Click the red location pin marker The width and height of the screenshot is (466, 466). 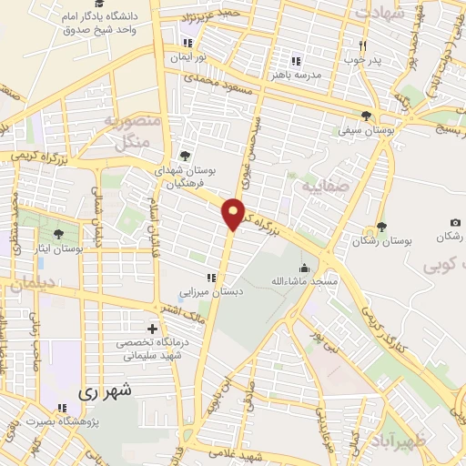click(234, 213)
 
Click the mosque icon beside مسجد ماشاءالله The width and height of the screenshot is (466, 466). click(305, 268)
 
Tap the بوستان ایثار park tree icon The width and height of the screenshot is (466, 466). click(59, 234)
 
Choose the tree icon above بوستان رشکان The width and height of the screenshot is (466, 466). click(381, 228)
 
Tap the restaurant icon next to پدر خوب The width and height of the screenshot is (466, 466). click(361, 46)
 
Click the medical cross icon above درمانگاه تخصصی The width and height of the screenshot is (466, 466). click(152, 328)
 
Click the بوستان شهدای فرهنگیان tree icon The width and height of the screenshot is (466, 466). click(187, 156)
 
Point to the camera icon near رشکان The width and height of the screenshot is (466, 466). click(455, 223)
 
